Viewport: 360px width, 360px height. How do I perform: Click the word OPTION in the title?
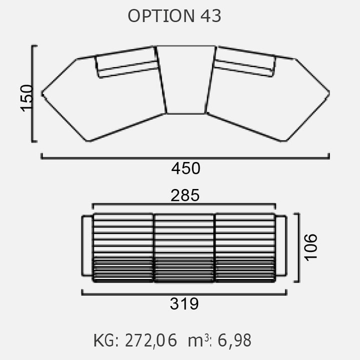click(x=161, y=16)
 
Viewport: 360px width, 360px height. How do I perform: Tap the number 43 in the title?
click(x=211, y=16)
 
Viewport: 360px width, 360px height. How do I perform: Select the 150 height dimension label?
click(x=27, y=98)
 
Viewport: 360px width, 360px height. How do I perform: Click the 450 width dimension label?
click(x=185, y=168)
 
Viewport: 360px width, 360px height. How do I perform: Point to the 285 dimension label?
click(x=185, y=195)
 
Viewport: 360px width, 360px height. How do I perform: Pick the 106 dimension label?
click(x=310, y=247)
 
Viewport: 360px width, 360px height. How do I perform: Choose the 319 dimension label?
click(x=184, y=303)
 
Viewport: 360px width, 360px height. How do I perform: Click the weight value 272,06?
click(x=151, y=340)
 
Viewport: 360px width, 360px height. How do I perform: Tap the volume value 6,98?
click(x=234, y=340)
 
